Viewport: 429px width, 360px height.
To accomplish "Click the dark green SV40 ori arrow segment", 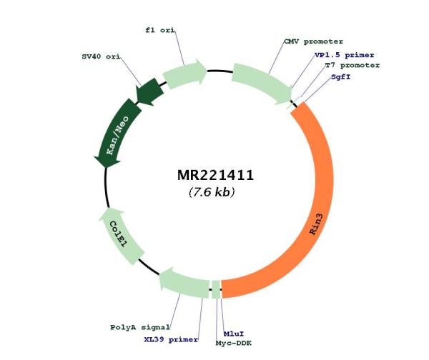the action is click(x=149, y=91).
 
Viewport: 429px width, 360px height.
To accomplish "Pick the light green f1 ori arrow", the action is click(x=184, y=74).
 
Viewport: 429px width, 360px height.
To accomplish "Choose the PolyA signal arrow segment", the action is click(x=183, y=284).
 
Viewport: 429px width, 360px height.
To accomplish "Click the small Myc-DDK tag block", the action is click(x=216, y=289).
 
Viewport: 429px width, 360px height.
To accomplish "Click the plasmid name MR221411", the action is click(x=216, y=175).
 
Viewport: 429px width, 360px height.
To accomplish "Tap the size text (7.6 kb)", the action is click(x=212, y=192).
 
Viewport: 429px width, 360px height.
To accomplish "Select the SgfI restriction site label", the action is click(x=340, y=77).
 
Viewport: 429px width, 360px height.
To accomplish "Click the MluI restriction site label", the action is click(x=234, y=334).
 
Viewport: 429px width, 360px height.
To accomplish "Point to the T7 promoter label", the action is click(x=352, y=66).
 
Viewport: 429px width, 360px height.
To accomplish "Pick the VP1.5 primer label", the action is click(x=344, y=55).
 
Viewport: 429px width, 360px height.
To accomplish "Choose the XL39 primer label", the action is click(x=171, y=339).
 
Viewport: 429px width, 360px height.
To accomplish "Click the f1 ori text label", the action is click(x=160, y=30).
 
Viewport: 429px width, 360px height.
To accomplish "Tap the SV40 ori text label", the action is click(x=101, y=56).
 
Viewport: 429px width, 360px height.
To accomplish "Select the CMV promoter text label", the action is click(x=314, y=42).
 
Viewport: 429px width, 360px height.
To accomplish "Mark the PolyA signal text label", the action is click(x=140, y=327).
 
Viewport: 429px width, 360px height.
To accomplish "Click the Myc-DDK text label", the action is click(x=234, y=343).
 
